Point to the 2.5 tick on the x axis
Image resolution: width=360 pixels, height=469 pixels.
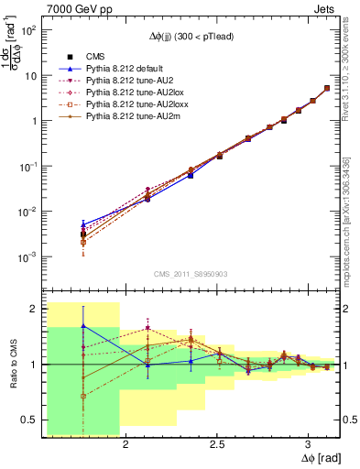218,438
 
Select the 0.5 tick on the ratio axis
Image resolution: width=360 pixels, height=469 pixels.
33,420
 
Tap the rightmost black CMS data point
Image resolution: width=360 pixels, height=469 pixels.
327,89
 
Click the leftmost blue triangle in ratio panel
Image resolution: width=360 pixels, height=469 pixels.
83,325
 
